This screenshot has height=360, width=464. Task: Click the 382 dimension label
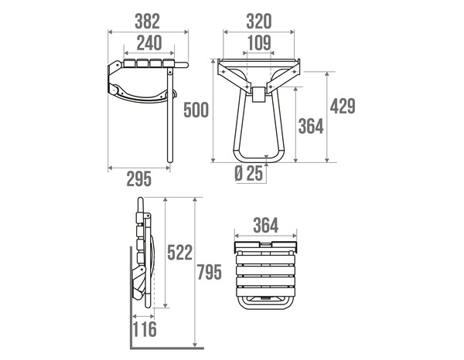(x=147, y=20)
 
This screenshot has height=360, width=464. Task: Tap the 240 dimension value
(x=147, y=43)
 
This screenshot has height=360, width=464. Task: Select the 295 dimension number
(x=138, y=179)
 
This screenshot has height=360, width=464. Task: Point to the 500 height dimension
(x=196, y=110)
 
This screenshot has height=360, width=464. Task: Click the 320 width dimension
(x=258, y=20)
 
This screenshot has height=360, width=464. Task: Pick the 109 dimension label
(x=258, y=43)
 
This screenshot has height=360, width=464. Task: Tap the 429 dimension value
(x=343, y=106)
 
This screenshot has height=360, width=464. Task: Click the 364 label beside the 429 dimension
(x=310, y=127)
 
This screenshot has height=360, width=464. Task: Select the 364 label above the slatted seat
(x=265, y=226)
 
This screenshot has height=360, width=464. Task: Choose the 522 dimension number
(x=179, y=253)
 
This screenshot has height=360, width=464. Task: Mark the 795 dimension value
(x=210, y=272)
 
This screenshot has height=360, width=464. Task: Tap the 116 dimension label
(x=144, y=330)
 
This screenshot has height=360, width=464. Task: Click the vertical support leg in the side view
(x=167, y=116)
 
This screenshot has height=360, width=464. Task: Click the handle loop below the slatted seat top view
(x=265, y=300)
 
